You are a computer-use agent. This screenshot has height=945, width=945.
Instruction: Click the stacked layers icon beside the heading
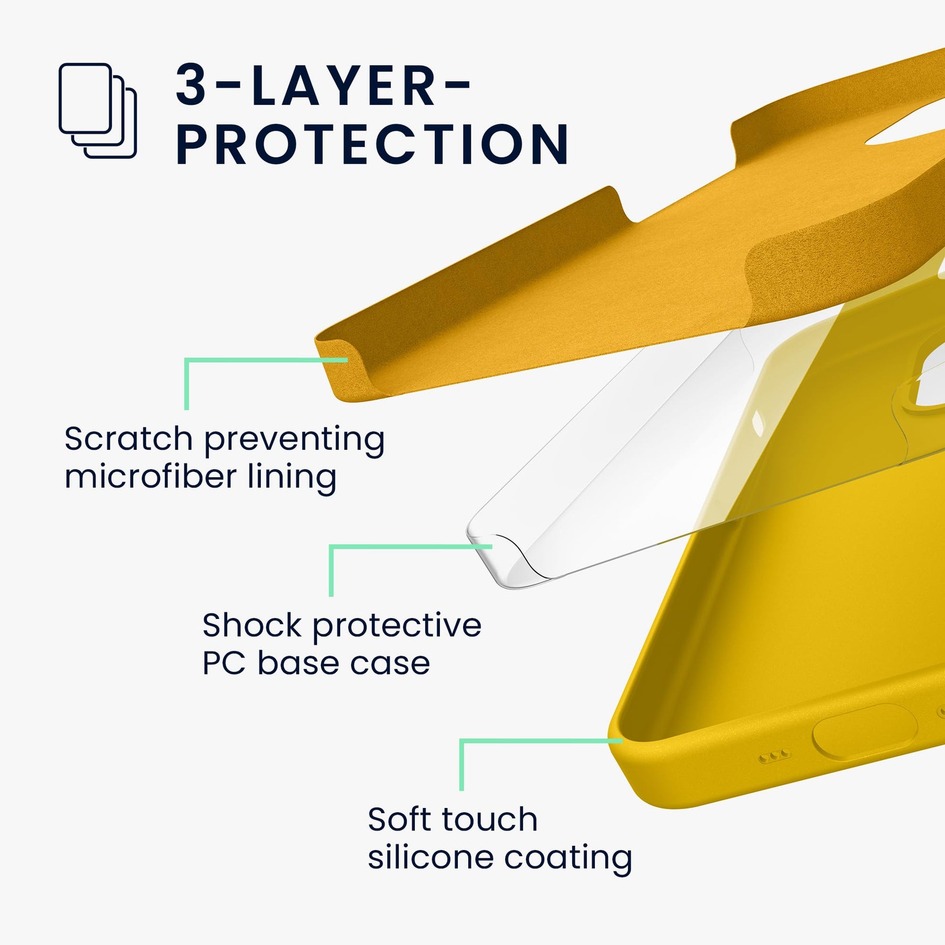(98, 111)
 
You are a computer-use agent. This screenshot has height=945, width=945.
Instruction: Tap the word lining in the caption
(292, 478)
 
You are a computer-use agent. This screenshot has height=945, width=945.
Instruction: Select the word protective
(397, 626)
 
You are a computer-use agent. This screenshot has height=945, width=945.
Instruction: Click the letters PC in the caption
(224, 663)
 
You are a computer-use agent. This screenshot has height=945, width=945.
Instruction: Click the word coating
(568, 858)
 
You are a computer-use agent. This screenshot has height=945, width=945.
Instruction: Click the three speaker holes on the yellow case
(774, 757)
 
